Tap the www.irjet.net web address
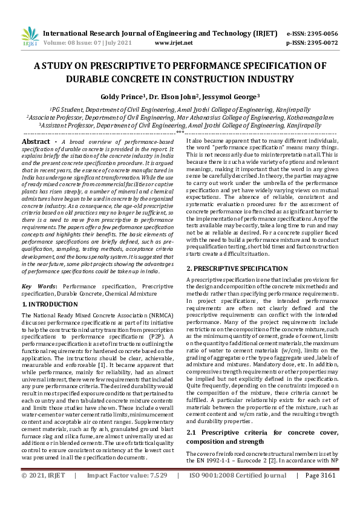[x=174, y=43]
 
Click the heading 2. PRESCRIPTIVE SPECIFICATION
[x=237, y=267]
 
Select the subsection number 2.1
[x=192, y=434]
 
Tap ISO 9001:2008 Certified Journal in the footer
[x=246, y=493]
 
